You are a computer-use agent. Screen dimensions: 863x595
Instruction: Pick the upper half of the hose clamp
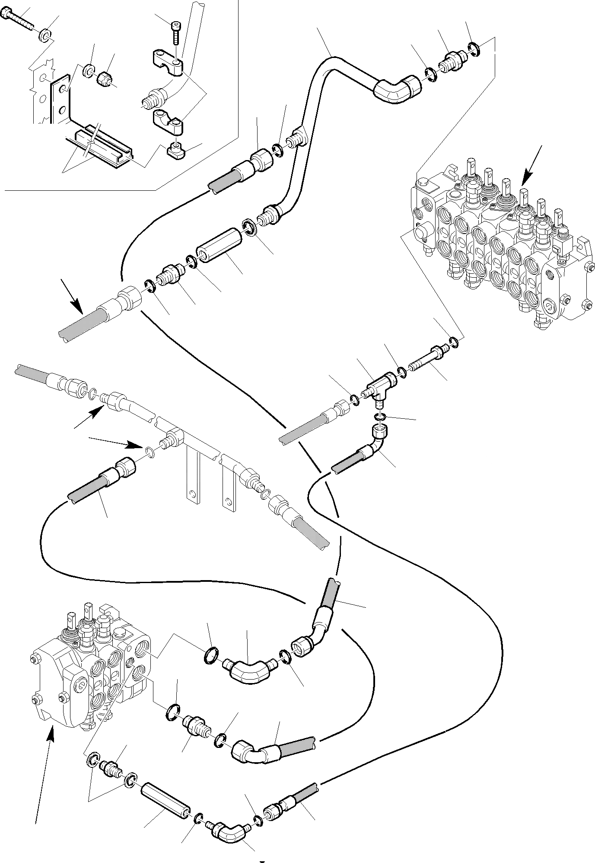(168, 62)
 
